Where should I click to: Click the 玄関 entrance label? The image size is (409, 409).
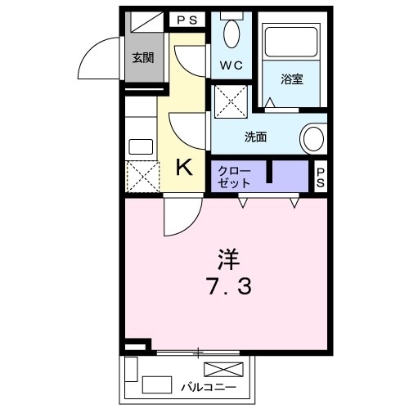click(143, 57)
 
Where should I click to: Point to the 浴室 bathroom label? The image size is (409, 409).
click(292, 79)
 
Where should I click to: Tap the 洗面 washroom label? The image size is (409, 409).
click(255, 137)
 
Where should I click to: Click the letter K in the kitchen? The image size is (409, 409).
click(186, 168)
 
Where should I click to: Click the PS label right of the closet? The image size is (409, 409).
click(321, 178)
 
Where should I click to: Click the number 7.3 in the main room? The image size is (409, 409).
click(228, 287)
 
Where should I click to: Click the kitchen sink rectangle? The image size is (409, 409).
click(141, 148)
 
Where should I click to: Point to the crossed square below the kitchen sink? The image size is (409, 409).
click(141, 177)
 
